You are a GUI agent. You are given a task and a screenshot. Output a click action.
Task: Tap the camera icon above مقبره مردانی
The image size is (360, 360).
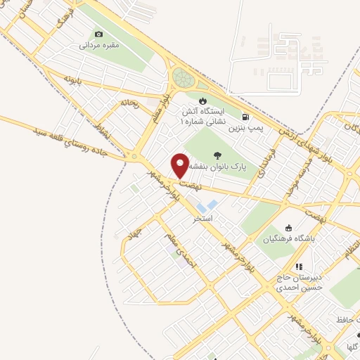pos(98,34)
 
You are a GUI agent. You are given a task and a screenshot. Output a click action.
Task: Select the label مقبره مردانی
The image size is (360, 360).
pos(98,45)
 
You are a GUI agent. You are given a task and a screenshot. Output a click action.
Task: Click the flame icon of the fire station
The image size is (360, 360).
pos(203,101)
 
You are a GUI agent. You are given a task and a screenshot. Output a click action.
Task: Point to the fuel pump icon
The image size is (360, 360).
pos(245,117)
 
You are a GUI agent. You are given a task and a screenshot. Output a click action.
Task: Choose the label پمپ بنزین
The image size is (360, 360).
pos(247,129)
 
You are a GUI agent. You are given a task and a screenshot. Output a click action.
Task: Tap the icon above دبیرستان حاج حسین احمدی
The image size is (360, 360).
pos(298,266)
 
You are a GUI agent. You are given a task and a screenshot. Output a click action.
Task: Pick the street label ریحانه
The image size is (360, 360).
pos(129,103)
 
